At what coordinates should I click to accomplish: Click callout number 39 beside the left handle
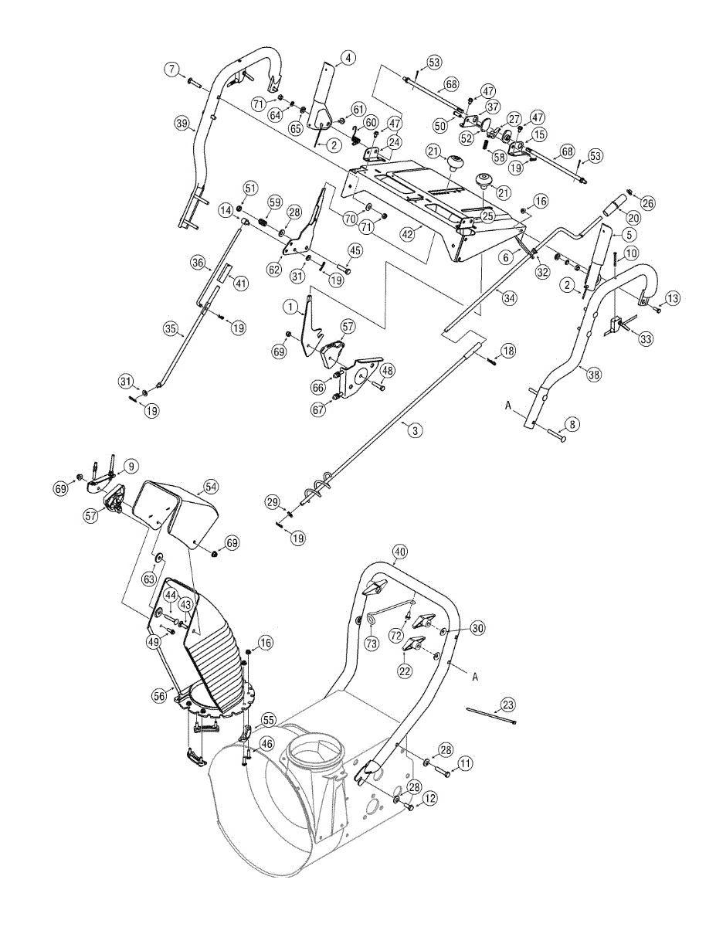coord(182,124)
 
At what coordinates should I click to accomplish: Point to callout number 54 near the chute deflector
coord(211,487)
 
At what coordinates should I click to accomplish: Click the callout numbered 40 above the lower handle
coord(399,552)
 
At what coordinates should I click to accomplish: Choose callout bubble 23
coord(507,705)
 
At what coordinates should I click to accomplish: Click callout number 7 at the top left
coord(171,70)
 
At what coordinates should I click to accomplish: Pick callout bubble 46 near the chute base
coord(266,744)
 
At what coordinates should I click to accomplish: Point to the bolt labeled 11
coord(443,771)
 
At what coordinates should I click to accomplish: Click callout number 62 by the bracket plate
coord(273,269)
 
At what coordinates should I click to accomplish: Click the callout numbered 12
coord(429,796)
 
